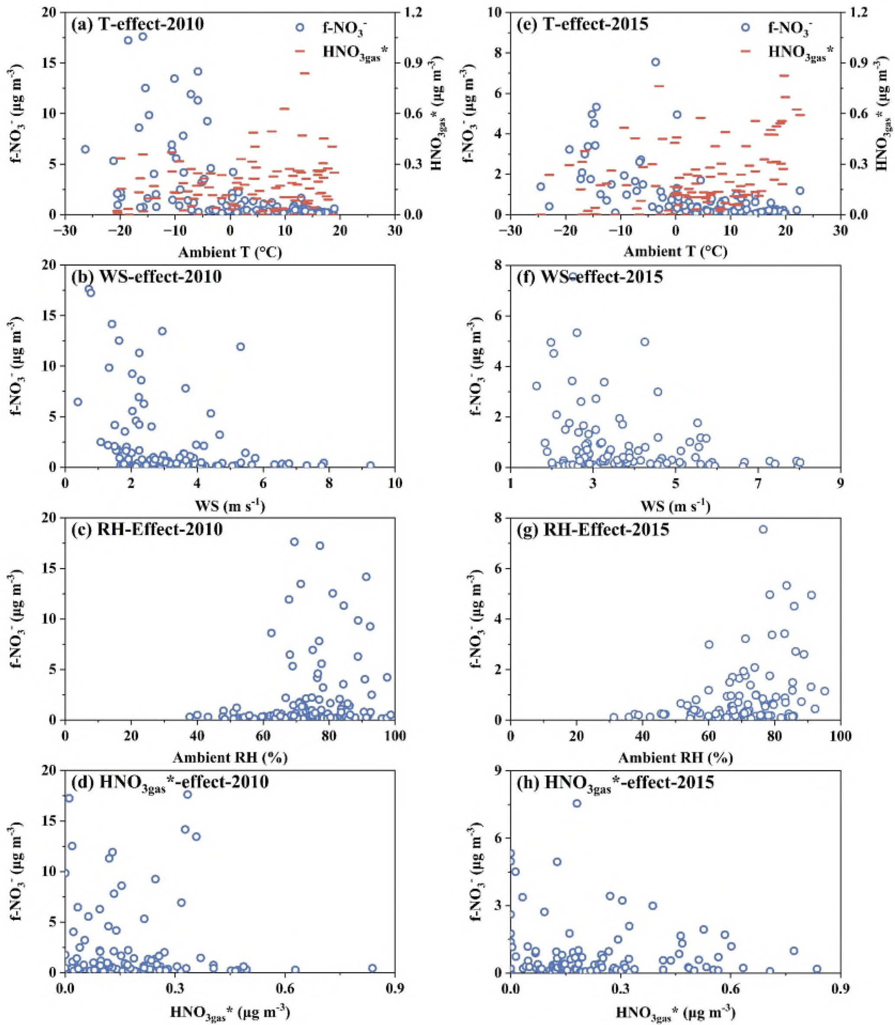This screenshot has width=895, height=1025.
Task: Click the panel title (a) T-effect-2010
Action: pyautogui.click(x=137, y=24)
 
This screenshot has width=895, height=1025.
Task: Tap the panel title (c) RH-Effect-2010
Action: pyautogui.click(x=147, y=529)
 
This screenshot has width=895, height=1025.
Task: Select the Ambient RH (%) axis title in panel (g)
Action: pyautogui.click(x=675, y=758)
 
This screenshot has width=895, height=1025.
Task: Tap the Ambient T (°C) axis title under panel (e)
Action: pyautogui.click(x=675, y=252)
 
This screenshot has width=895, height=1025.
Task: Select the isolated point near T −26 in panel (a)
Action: pyautogui.click(x=85, y=149)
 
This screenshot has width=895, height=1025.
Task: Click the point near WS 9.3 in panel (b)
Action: pyautogui.click(x=370, y=465)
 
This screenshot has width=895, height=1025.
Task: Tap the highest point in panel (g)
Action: pyautogui.click(x=763, y=530)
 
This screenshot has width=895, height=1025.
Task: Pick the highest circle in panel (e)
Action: pyautogui.click(x=655, y=62)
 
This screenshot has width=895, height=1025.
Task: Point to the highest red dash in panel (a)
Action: pyautogui.click(x=305, y=73)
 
